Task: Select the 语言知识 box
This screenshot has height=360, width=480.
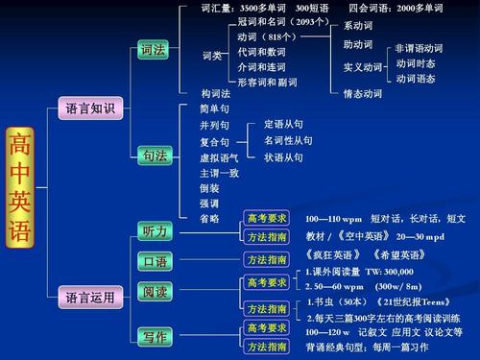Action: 90,108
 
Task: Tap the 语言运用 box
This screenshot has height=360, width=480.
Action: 90,298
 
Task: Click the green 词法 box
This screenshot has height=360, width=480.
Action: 155,49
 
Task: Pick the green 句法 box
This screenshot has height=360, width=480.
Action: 155,155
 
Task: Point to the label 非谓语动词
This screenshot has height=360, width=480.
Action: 419,48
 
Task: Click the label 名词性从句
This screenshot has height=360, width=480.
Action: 288,140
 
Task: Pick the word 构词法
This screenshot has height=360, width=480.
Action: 216,93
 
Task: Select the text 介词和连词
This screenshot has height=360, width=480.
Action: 262,67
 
